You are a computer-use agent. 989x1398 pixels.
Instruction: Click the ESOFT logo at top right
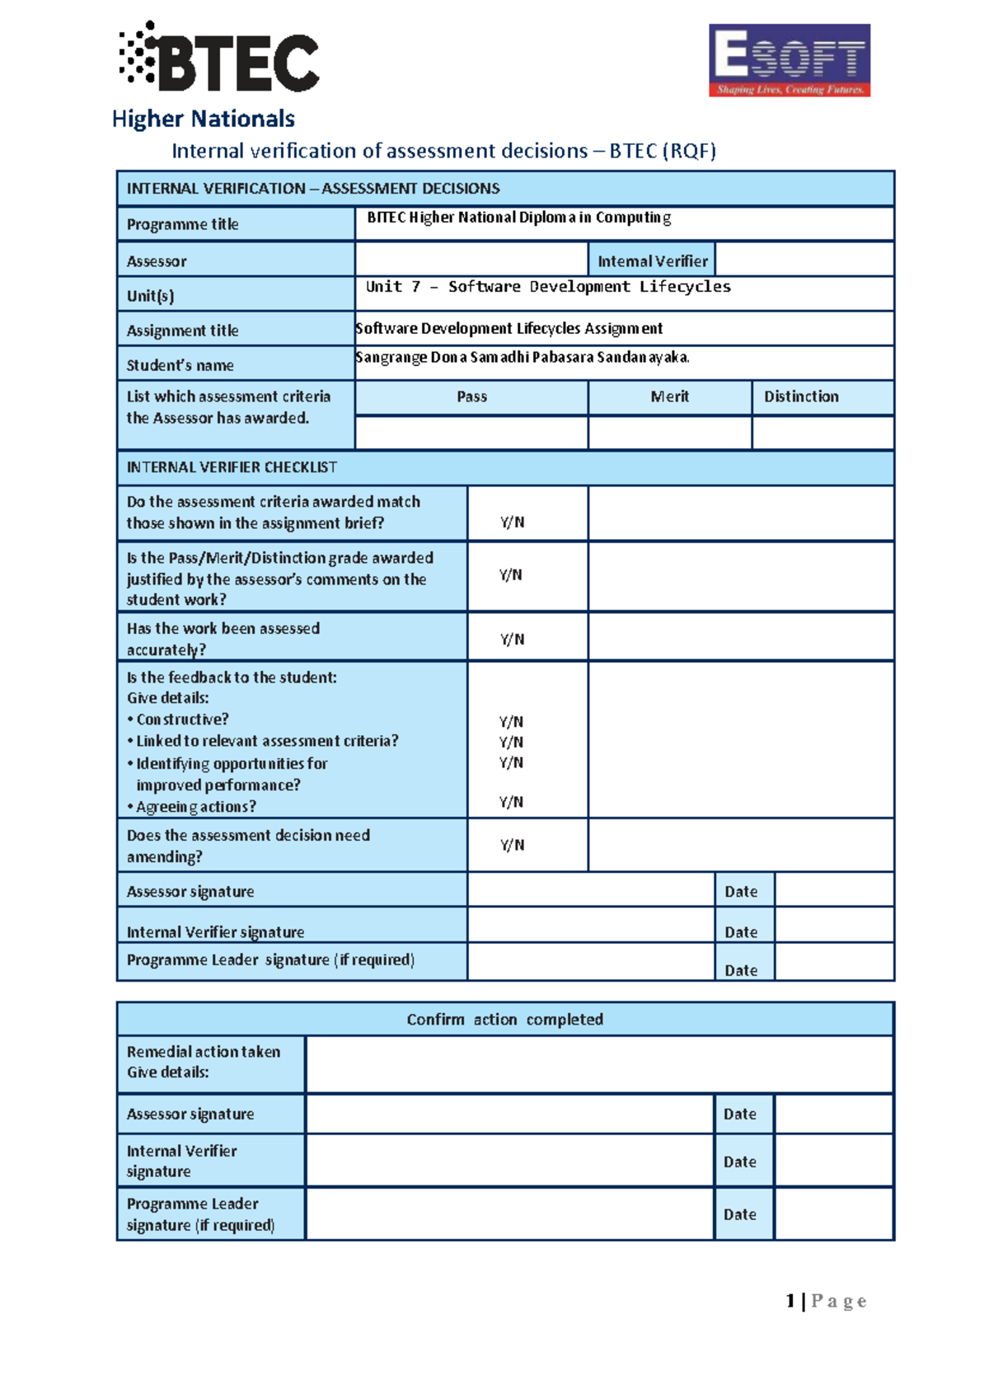(x=789, y=60)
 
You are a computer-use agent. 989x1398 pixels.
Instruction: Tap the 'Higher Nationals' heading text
(x=203, y=119)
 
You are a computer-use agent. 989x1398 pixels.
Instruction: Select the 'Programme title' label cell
(x=235, y=224)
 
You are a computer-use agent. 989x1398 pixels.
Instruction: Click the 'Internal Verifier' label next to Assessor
(x=652, y=260)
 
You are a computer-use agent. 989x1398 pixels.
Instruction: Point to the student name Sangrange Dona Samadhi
(x=522, y=357)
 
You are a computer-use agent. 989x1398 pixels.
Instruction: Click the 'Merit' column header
(x=669, y=396)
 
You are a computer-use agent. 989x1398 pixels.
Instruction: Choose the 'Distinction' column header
(x=800, y=396)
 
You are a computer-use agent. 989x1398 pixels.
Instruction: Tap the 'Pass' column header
(x=471, y=396)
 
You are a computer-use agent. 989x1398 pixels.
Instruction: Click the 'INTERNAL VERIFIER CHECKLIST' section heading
(x=232, y=467)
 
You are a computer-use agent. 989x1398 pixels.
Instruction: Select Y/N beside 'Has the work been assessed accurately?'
(x=512, y=639)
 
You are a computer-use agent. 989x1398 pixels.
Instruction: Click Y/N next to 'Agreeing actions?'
(x=511, y=801)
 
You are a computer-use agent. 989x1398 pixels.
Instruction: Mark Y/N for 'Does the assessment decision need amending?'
(x=512, y=845)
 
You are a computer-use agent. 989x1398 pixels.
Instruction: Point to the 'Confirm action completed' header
(x=504, y=1020)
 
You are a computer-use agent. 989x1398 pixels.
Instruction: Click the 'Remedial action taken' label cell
(x=210, y=1062)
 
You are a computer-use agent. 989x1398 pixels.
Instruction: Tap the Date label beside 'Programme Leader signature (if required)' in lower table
(x=739, y=1214)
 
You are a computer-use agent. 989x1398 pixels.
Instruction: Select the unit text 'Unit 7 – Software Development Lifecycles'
(x=548, y=287)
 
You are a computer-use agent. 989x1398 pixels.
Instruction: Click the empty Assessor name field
(x=471, y=260)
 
